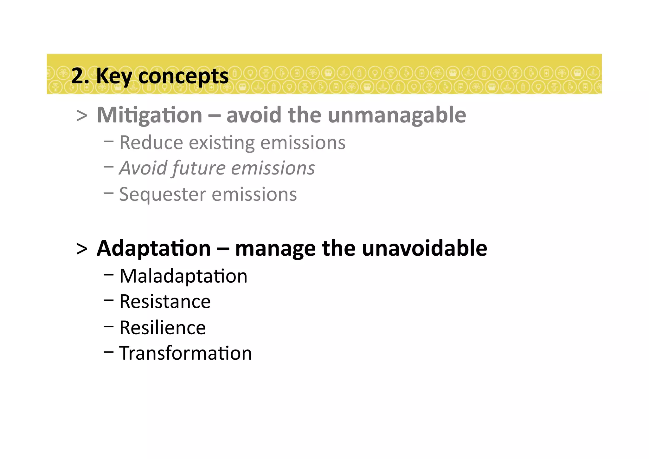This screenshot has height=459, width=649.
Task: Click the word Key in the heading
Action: [113, 76]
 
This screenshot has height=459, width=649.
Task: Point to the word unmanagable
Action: [397, 115]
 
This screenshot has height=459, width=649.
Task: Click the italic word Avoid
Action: [143, 168]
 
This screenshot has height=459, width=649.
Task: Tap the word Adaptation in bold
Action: [154, 248]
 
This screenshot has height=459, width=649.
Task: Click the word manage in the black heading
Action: [275, 248]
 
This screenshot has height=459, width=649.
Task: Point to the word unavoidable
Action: [424, 248]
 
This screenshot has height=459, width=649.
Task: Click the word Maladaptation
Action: [183, 276]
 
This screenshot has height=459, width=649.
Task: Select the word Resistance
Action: [165, 301]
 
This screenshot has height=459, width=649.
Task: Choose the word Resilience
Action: [162, 328]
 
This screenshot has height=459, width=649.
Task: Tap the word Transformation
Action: [185, 353]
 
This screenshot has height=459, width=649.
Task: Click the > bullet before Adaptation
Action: [82, 249]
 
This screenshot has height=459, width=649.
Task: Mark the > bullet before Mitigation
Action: [82, 116]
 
